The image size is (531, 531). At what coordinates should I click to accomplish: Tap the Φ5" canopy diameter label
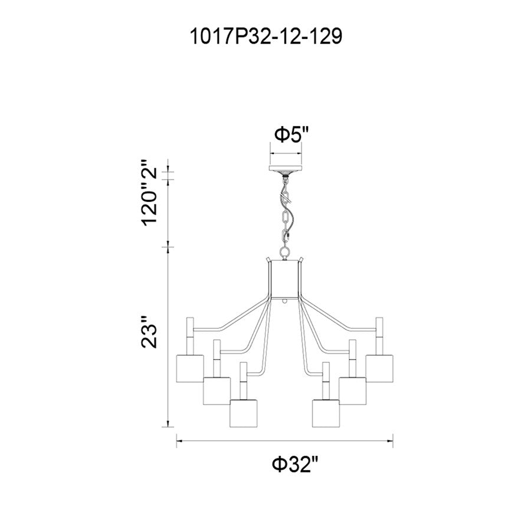click(x=291, y=135)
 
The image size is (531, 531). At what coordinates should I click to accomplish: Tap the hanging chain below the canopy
click(x=286, y=212)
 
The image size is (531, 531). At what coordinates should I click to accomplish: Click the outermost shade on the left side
click(x=190, y=369)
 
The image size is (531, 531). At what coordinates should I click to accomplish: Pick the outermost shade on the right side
click(x=379, y=369)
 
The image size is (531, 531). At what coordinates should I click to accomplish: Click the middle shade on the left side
click(x=217, y=391)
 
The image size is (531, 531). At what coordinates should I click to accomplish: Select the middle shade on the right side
click(x=352, y=391)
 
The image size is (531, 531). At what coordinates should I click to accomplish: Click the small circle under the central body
click(x=286, y=301)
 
